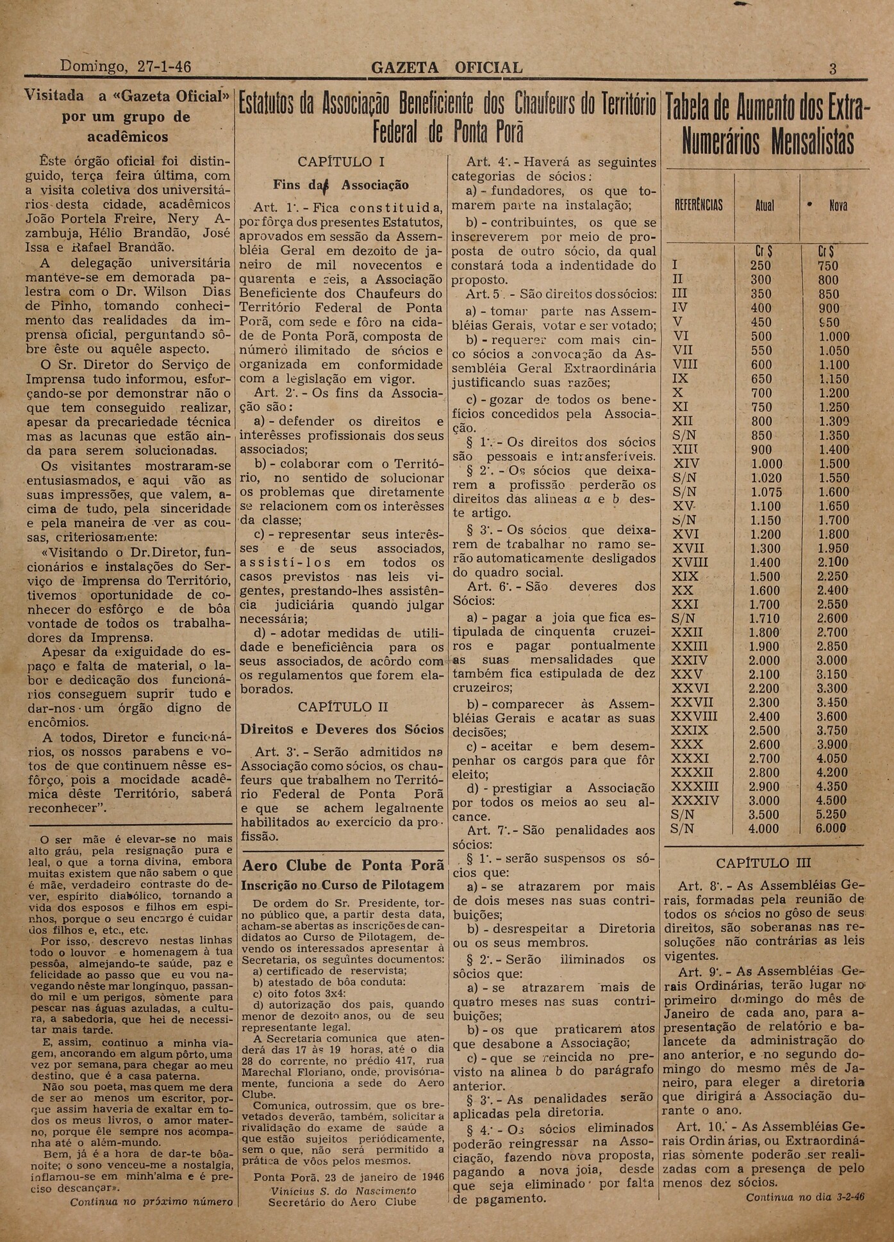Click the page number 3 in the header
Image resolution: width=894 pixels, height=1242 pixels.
pyautogui.click(x=832, y=69)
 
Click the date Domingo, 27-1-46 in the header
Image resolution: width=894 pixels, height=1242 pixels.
pyautogui.click(x=125, y=67)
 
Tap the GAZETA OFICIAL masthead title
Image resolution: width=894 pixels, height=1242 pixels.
pyautogui.click(x=447, y=67)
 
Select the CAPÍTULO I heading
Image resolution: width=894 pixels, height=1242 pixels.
pyautogui.click(x=341, y=162)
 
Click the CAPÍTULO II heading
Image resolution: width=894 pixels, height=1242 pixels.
pyautogui.click(x=343, y=707)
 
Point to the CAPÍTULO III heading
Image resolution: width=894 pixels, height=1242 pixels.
pyautogui.click(x=763, y=863)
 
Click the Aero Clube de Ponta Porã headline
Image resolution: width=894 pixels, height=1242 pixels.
pyautogui.click(x=343, y=865)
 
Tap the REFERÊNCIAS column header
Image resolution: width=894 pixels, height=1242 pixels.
pyautogui.click(x=699, y=206)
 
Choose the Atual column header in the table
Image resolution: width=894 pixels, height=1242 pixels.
pyautogui.click(x=765, y=206)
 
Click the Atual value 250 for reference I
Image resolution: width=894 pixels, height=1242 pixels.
pyautogui.click(x=761, y=266)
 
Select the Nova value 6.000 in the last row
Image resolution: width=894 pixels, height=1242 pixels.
pyautogui.click(x=831, y=828)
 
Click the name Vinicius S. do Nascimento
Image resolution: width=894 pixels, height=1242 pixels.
pyautogui.click(x=343, y=1190)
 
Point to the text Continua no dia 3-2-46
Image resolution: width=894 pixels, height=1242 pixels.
pyautogui.click(x=804, y=1197)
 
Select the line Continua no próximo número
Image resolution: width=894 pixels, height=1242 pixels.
pyautogui.click(x=151, y=1202)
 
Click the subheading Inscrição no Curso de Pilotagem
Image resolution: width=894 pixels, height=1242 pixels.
pyautogui.click(x=342, y=885)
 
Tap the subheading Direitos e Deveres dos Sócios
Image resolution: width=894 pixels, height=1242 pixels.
pyautogui.click(x=342, y=729)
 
